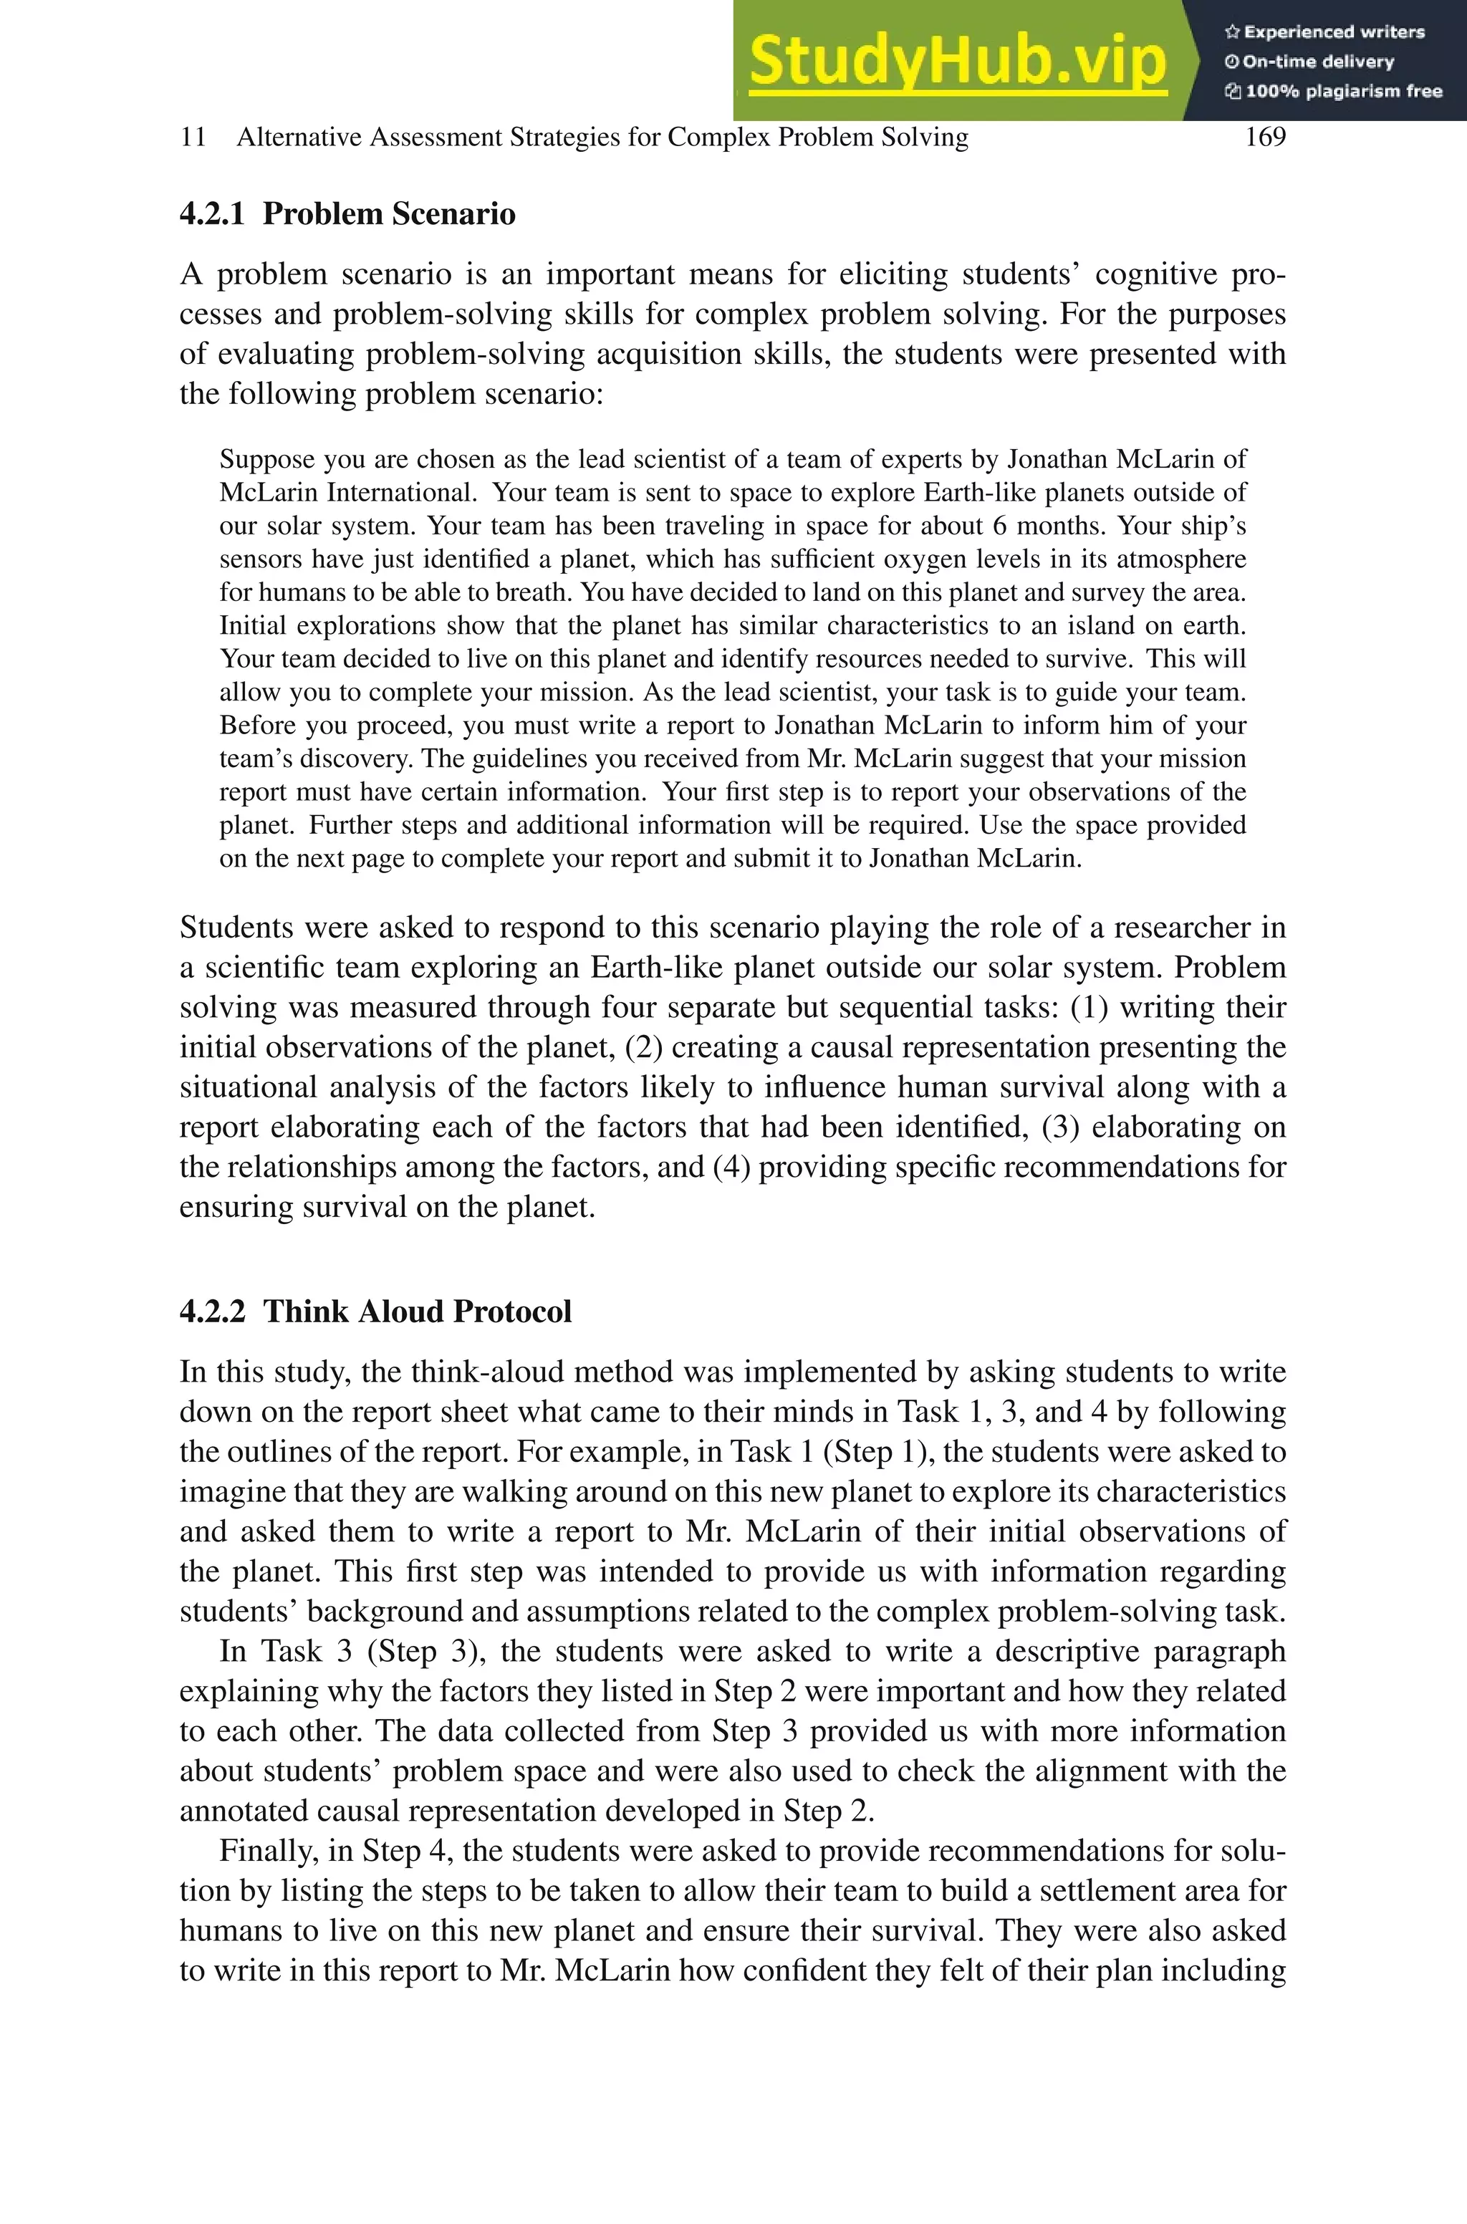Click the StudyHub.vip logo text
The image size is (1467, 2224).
pos(957,62)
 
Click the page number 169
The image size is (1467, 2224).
pos(1265,138)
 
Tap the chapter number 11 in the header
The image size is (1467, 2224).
pos(193,138)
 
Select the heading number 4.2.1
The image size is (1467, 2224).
pos(211,214)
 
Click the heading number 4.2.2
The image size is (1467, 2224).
pos(211,1311)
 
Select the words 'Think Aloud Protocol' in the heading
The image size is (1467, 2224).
pos(418,1311)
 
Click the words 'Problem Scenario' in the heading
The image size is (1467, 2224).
pos(389,214)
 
